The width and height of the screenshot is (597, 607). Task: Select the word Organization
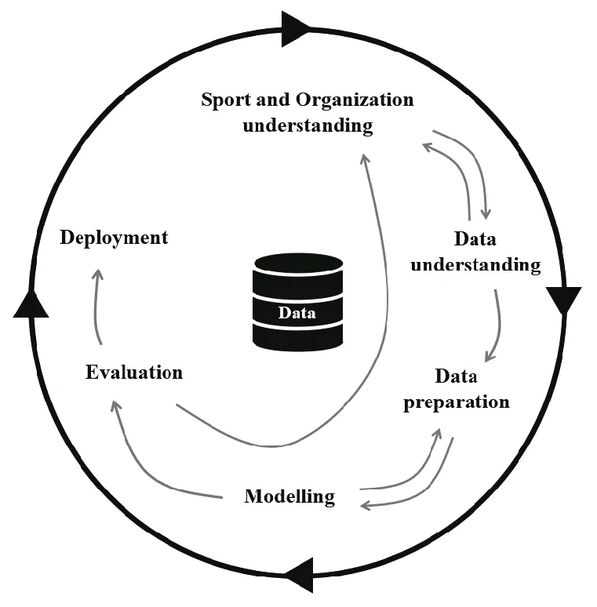pyautogui.click(x=355, y=100)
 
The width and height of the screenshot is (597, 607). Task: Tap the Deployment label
pyautogui.click(x=114, y=238)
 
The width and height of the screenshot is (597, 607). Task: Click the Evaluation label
pyautogui.click(x=133, y=372)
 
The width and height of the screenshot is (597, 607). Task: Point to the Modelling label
pyautogui.click(x=289, y=496)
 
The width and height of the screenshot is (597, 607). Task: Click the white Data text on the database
pyautogui.click(x=297, y=314)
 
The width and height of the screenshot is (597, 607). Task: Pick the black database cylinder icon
pyautogui.click(x=297, y=301)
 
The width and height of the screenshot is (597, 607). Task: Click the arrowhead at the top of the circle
pyautogui.click(x=296, y=29)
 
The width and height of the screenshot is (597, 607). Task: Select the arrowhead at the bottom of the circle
pyautogui.click(x=300, y=575)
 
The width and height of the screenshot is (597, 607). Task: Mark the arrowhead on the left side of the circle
pyautogui.click(x=31, y=303)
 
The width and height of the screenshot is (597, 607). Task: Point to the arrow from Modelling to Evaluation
pyautogui.click(x=145, y=463)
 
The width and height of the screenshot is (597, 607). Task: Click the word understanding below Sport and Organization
pyautogui.click(x=308, y=125)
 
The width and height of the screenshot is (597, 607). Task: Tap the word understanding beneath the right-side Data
pyautogui.click(x=475, y=264)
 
